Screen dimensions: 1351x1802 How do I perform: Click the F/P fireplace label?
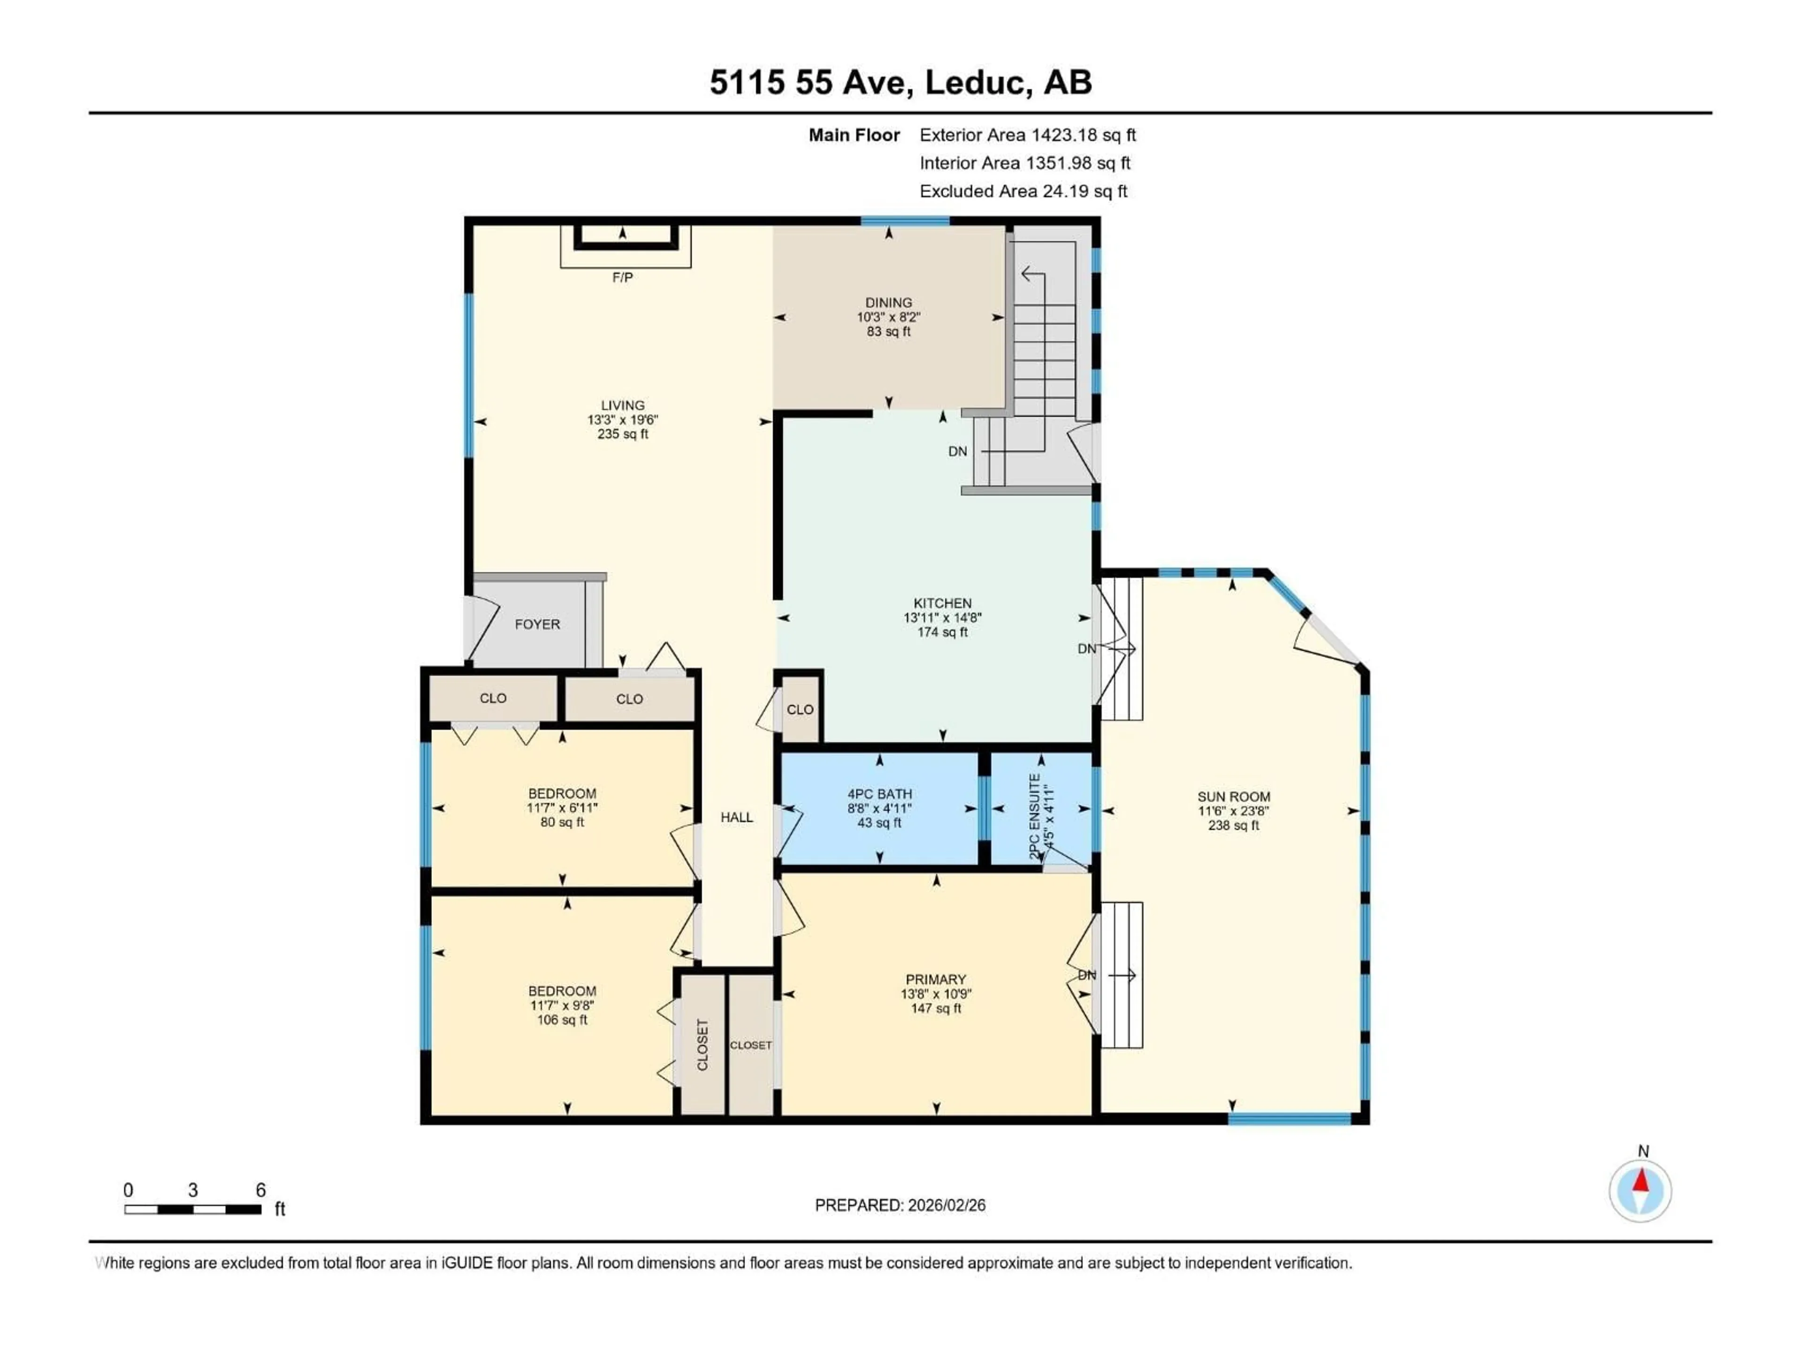[622, 278]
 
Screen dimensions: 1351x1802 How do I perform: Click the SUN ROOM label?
[1233, 797]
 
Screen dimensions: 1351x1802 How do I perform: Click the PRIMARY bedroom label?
[935, 979]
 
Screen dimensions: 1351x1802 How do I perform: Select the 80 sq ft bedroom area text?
[562, 822]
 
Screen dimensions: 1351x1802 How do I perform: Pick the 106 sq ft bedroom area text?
[562, 1019]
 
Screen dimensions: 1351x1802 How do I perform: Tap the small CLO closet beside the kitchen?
[799, 709]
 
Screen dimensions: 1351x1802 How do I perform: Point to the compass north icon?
[1640, 1191]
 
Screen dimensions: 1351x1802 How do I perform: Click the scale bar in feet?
[193, 1209]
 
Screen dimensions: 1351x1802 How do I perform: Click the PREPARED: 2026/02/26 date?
[900, 1205]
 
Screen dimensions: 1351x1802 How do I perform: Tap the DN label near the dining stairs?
[957, 451]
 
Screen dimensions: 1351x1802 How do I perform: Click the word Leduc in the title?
[974, 82]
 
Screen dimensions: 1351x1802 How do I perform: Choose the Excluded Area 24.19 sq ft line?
[1023, 191]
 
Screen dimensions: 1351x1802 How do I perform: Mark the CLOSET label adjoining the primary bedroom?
[750, 1045]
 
